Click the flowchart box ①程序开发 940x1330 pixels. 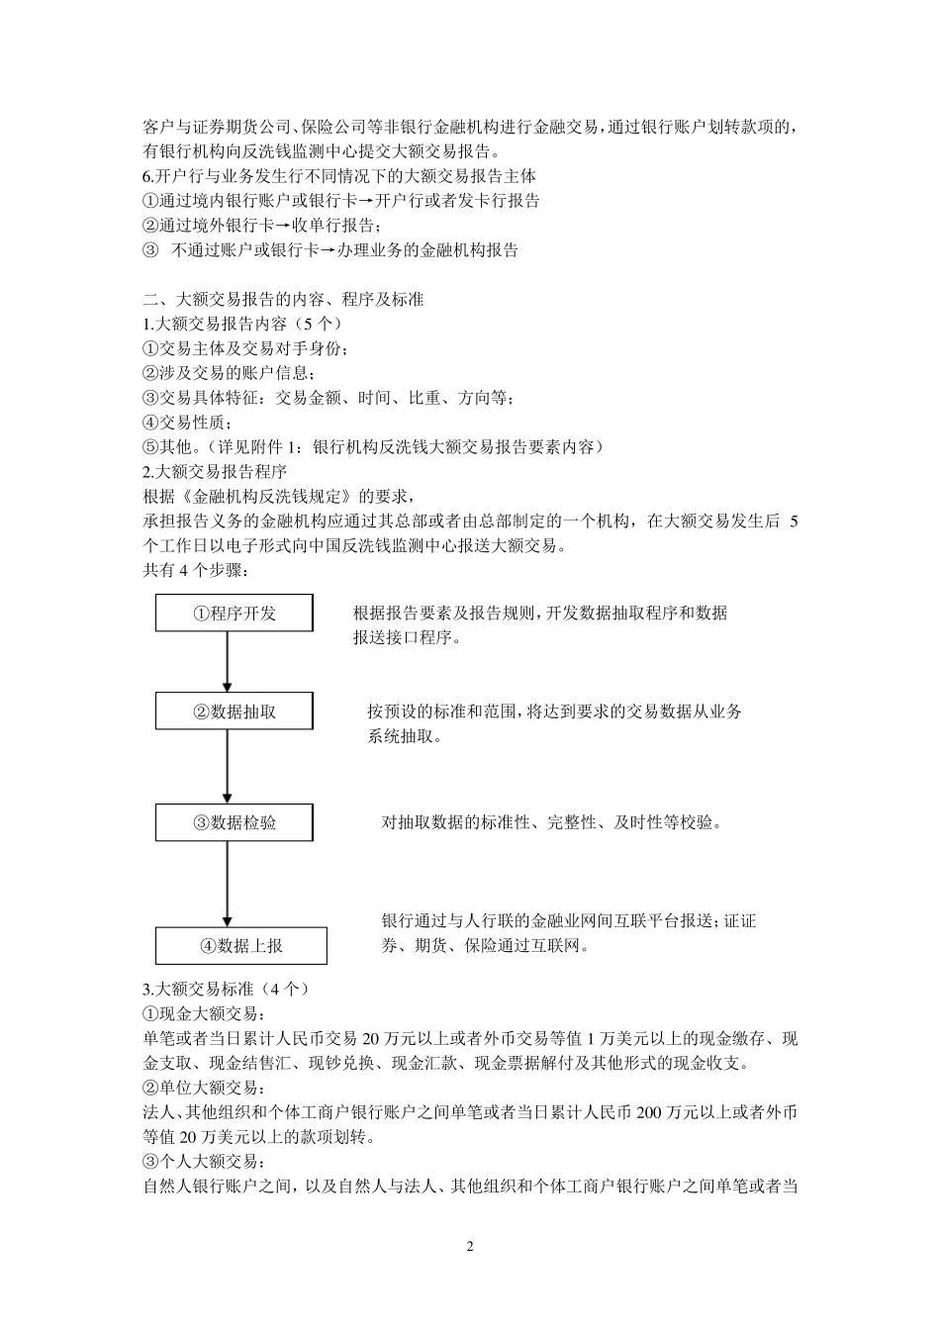[235, 614]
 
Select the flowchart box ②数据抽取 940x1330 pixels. [235, 712]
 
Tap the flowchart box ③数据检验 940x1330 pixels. [235, 823]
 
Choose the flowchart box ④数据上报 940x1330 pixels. [240, 946]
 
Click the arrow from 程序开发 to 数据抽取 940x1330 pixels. [228, 662]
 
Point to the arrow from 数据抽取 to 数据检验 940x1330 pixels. [228, 767]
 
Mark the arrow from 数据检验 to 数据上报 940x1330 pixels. [228, 885]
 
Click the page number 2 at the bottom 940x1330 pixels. [470, 1246]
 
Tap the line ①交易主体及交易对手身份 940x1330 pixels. [245, 348]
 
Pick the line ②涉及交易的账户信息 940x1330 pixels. [230, 373]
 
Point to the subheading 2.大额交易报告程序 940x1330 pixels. [215, 471]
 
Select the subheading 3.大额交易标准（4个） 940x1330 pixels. [228, 990]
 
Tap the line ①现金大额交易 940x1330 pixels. [205, 1014]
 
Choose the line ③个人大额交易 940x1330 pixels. [205, 1162]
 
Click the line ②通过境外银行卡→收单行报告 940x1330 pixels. [259, 226]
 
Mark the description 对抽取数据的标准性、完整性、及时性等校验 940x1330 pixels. [551, 823]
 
